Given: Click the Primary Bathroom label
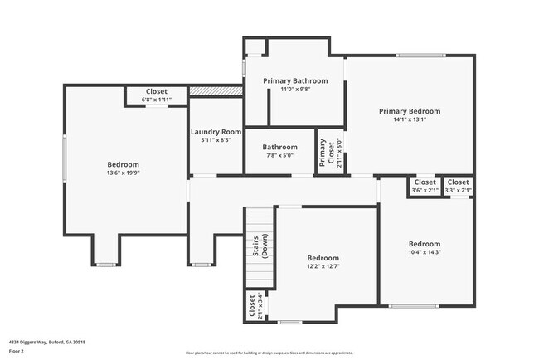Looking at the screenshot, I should (x=295, y=80).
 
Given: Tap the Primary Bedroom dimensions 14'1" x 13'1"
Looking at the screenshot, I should (x=410, y=119).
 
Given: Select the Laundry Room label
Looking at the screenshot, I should (x=216, y=132).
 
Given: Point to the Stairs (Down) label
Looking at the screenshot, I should (x=260, y=247).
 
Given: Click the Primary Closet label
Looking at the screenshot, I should (x=323, y=153).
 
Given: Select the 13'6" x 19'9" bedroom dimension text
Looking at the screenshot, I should (x=124, y=173).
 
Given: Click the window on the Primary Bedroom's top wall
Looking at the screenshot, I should (x=412, y=56).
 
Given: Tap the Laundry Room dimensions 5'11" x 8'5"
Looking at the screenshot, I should (x=216, y=140).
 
